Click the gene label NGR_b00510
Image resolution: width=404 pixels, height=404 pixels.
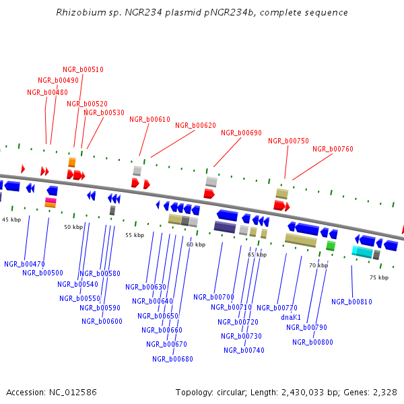tap(83, 69)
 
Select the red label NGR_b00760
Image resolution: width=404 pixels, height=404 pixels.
tap(333, 149)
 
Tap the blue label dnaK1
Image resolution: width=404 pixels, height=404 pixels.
tap(291, 317)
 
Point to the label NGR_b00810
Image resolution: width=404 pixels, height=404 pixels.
tap(351, 302)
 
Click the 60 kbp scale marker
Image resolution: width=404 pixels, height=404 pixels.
tap(196, 244)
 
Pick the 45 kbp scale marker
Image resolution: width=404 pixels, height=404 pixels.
tap(11, 220)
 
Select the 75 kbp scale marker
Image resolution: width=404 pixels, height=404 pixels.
tap(379, 277)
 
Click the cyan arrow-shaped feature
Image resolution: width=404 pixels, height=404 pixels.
tap(362, 252)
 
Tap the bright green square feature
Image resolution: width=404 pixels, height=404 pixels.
tap(331, 246)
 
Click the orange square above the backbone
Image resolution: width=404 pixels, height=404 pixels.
tap(71, 162)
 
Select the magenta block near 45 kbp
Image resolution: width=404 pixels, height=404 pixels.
tap(50, 201)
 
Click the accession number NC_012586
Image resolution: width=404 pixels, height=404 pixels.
tap(69, 392)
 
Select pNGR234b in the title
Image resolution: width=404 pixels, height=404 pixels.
tap(255, 13)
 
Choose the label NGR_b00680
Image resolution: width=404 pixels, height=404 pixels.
tap(172, 359)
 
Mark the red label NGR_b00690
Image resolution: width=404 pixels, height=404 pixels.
tap(241, 133)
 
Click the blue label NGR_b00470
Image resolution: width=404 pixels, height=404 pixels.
tap(24, 264)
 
